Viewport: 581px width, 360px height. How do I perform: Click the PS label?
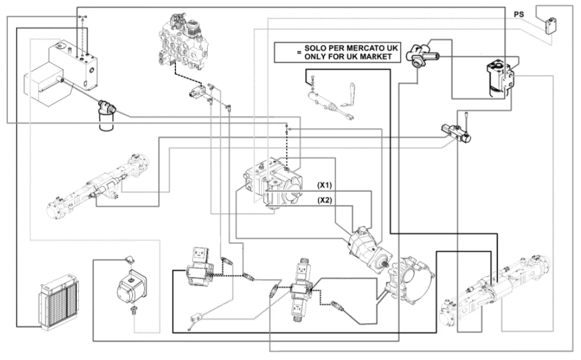click(x=519, y=13)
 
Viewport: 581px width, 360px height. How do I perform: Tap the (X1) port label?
click(x=325, y=185)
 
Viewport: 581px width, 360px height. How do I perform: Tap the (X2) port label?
click(x=325, y=199)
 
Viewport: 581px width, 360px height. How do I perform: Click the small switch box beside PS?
click(x=548, y=25)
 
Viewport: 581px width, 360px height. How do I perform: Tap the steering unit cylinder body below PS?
click(x=499, y=79)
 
